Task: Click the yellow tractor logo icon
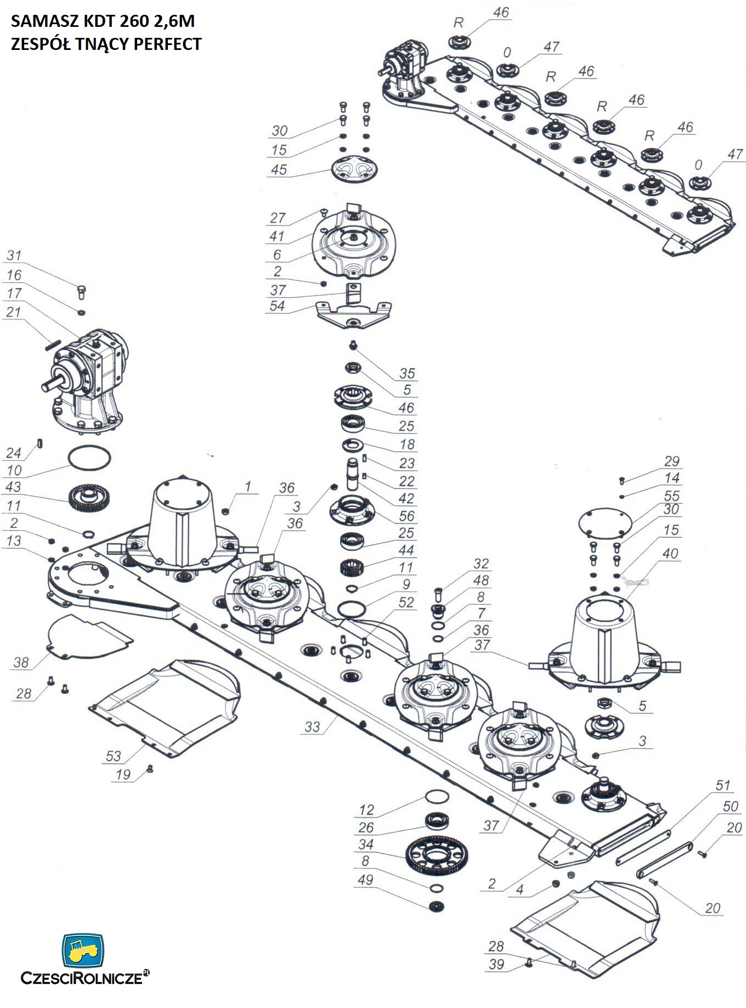[83, 950]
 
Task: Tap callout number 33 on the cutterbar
[312, 727]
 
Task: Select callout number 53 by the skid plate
[113, 756]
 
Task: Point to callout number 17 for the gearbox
[14, 293]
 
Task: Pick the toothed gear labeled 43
[90, 497]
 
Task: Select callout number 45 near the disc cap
[279, 170]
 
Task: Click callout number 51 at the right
[722, 785]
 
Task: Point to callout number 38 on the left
[21, 662]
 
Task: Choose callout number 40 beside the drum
[670, 553]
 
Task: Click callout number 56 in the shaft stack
[406, 516]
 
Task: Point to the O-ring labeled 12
[437, 796]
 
